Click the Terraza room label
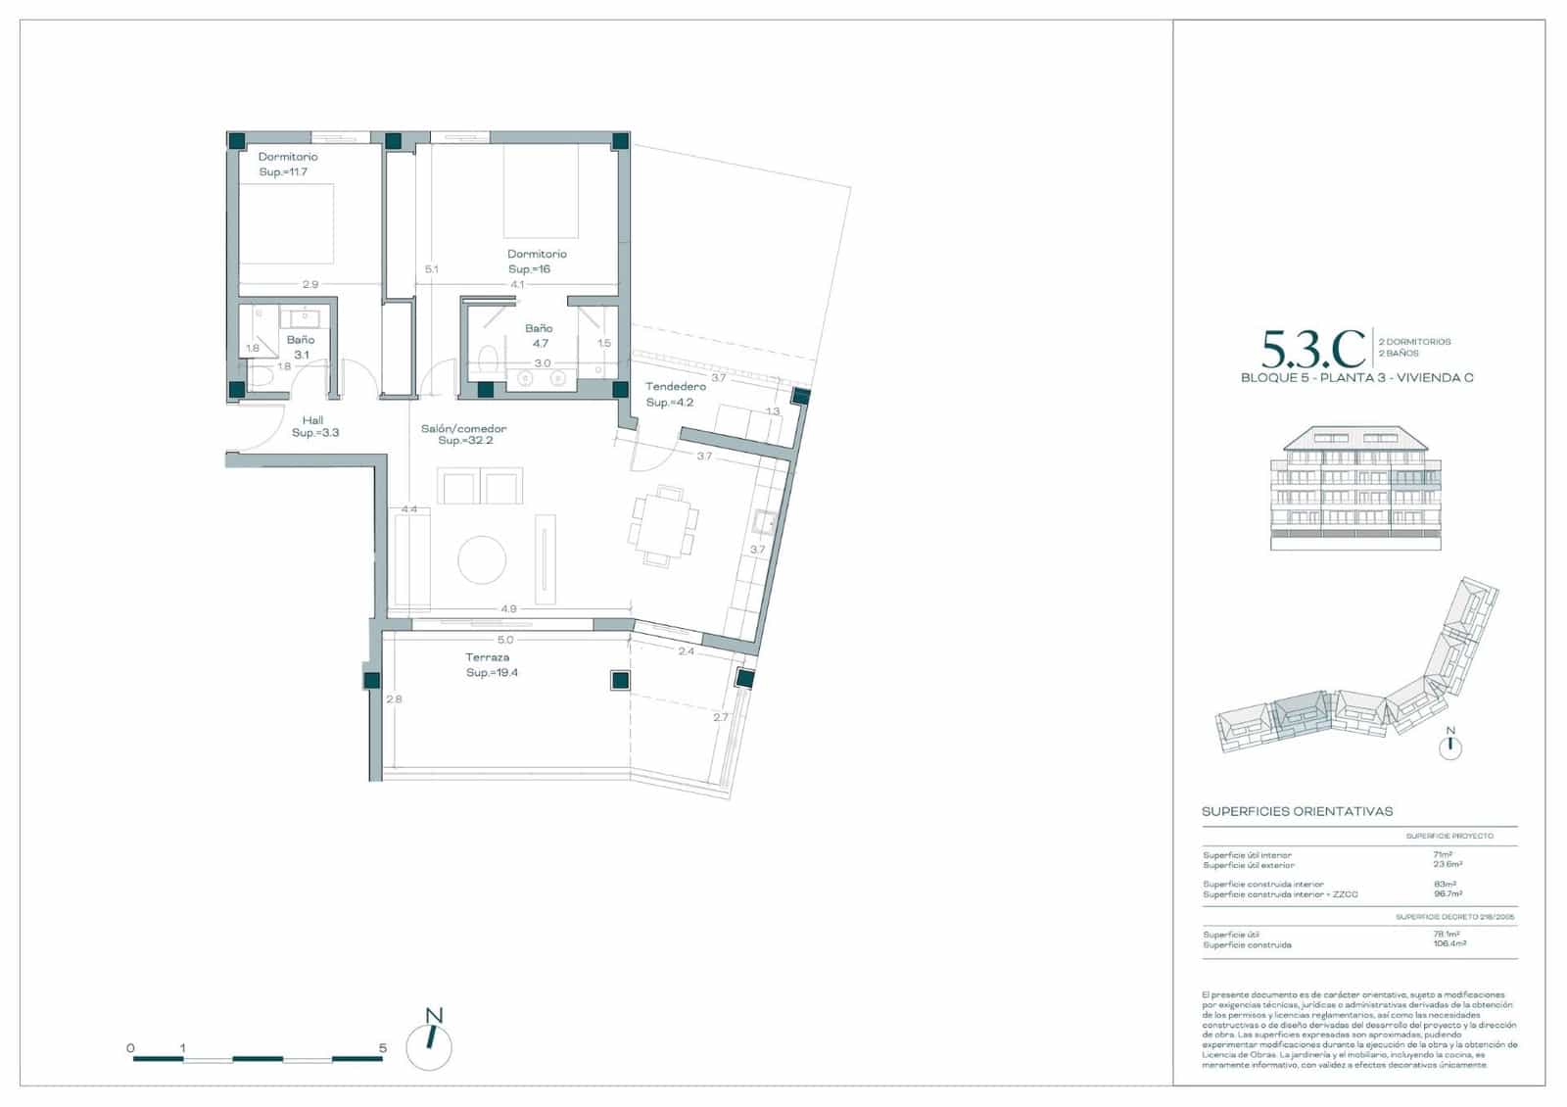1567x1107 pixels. [487, 657]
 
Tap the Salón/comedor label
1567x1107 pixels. [464, 429]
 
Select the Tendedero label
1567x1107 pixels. [676, 387]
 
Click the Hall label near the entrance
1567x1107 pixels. [313, 420]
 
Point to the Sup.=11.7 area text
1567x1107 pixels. [283, 172]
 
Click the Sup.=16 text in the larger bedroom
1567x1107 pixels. [529, 269]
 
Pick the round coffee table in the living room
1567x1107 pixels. [482, 560]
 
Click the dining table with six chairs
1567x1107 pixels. [664, 526]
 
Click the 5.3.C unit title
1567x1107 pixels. [1313, 348]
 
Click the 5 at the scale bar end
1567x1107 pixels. [383, 1048]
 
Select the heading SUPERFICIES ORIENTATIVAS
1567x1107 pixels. [1297, 812]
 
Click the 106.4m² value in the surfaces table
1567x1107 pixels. [1449, 944]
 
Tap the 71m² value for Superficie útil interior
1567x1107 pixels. [1442, 855]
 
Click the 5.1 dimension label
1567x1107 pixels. [431, 269]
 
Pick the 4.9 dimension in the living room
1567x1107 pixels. [508, 609]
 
